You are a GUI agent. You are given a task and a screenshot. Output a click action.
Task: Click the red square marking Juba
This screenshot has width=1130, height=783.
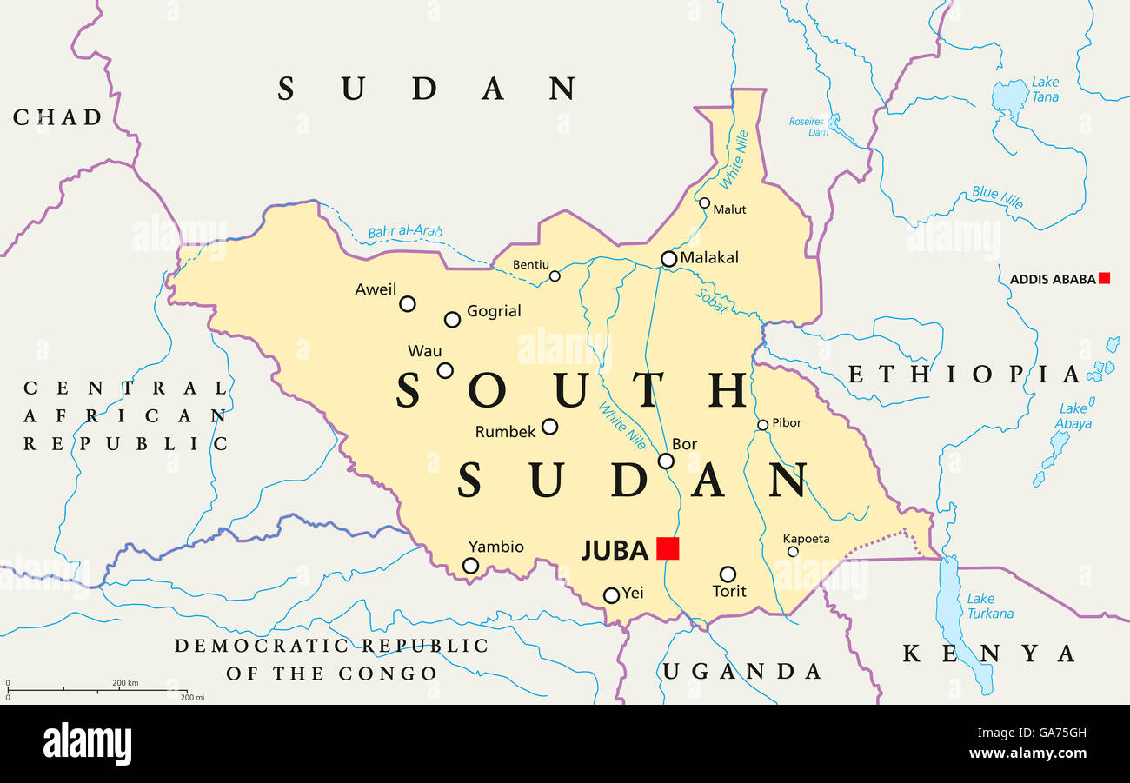(x=668, y=548)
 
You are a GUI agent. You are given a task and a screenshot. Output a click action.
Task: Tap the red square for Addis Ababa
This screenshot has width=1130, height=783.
(x=1104, y=278)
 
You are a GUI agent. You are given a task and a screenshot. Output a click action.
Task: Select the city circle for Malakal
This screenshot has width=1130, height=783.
(x=668, y=259)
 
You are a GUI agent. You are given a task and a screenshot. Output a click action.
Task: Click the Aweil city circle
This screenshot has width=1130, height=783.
(x=407, y=303)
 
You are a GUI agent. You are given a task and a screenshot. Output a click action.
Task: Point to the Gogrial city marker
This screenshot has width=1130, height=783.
(x=452, y=319)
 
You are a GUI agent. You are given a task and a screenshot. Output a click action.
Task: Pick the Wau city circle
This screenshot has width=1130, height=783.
(x=445, y=370)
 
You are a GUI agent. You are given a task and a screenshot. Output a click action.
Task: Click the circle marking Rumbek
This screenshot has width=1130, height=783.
(x=549, y=426)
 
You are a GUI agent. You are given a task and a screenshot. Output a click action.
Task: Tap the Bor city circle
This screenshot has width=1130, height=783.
(x=666, y=461)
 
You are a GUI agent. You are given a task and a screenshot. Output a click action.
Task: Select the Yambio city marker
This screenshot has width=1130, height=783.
(x=470, y=566)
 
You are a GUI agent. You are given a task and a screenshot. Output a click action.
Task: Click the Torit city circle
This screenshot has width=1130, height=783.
(x=728, y=574)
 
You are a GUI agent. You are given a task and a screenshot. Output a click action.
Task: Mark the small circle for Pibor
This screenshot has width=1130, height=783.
(x=762, y=425)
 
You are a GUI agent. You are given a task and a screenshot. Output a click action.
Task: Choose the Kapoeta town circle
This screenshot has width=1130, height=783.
(x=792, y=551)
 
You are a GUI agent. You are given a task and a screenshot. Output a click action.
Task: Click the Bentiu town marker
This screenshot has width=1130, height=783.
(x=555, y=276)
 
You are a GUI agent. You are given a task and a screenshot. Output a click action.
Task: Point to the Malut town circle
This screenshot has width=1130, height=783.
(x=704, y=202)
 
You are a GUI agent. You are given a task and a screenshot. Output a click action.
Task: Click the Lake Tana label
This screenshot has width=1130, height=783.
(x=1045, y=90)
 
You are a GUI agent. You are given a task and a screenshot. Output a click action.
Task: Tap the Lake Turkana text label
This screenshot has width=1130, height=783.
(x=990, y=606)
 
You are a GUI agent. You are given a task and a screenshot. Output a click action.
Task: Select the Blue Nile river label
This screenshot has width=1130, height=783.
(x=997, y=198)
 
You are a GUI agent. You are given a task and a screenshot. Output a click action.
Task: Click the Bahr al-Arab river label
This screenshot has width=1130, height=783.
(x=405, y=232)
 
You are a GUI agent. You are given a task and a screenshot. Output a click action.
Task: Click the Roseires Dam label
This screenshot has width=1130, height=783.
(x=807, y=126)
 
